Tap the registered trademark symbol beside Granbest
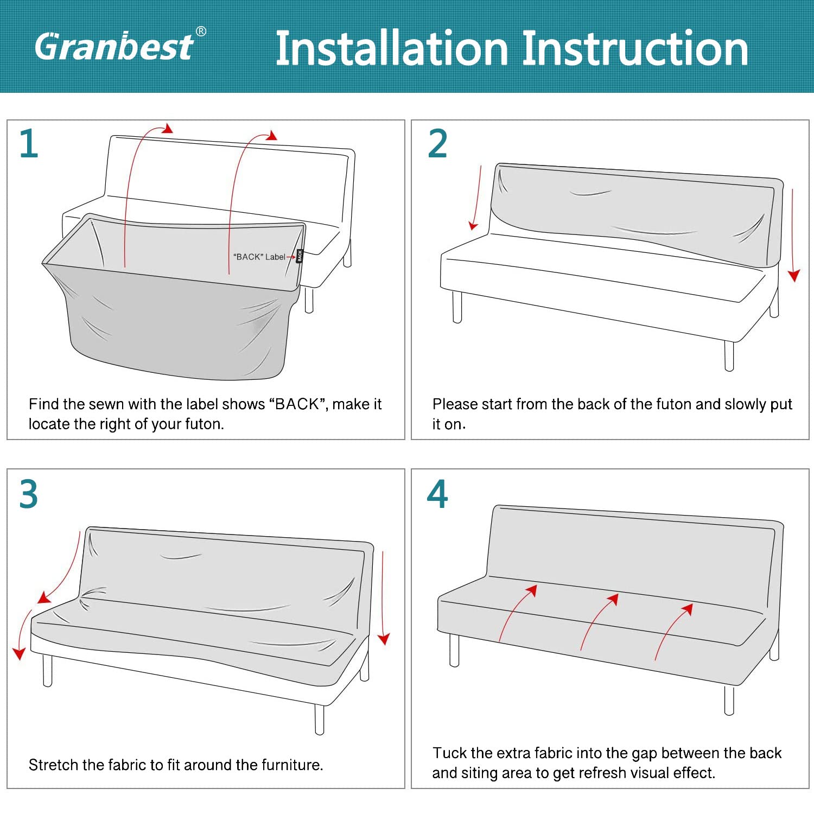click(x=201, y=31)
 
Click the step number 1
click(x=29, y=144)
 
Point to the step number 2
click(x=437, y=144)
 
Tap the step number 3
click(x=28, y=494)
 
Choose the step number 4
click(x=437, y=494)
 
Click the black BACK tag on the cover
click(x=299, y=256)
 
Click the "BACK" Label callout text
click(x=259, y=257)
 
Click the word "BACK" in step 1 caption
click(x=297, y=404)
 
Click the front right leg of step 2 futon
click(x=729, y=355)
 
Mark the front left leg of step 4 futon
click(x=455, y=650)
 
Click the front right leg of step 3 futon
click(x=320, y=719)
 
